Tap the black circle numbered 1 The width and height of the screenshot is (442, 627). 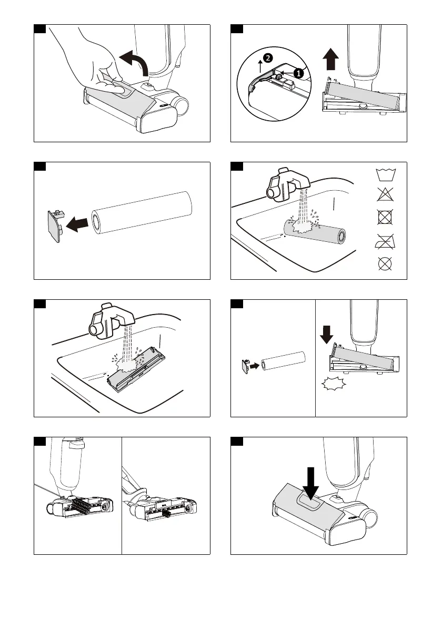[x=298, y=74]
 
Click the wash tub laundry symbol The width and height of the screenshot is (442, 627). [x=387, y=174]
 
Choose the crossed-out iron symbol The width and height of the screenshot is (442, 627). [x=387, y=240]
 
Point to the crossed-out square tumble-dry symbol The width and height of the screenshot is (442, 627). [x=387, y=218]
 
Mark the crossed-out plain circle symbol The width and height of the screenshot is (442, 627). [x=387, y=263]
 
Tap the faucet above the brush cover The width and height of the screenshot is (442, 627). [x=111, y=320]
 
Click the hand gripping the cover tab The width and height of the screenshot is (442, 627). [x=89, y=63]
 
